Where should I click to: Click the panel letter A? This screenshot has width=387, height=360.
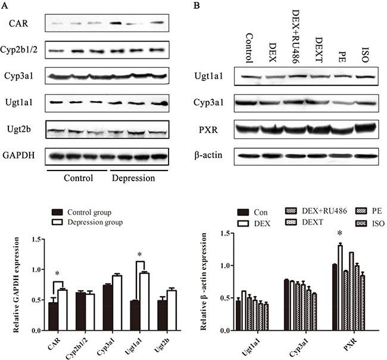coord(5,5)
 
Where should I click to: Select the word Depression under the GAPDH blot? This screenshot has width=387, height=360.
coord(135,178)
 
